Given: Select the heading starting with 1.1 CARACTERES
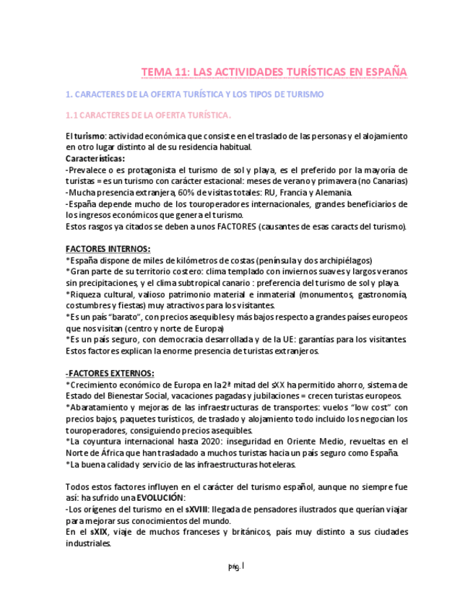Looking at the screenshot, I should tap(148, 115).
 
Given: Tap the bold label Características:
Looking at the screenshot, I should tap(95, 159).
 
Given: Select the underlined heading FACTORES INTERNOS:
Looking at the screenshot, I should tap(108, 249).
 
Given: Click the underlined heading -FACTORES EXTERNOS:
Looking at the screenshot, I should tap(110, 373).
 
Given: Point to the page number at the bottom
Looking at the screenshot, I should tap(236, 567).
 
